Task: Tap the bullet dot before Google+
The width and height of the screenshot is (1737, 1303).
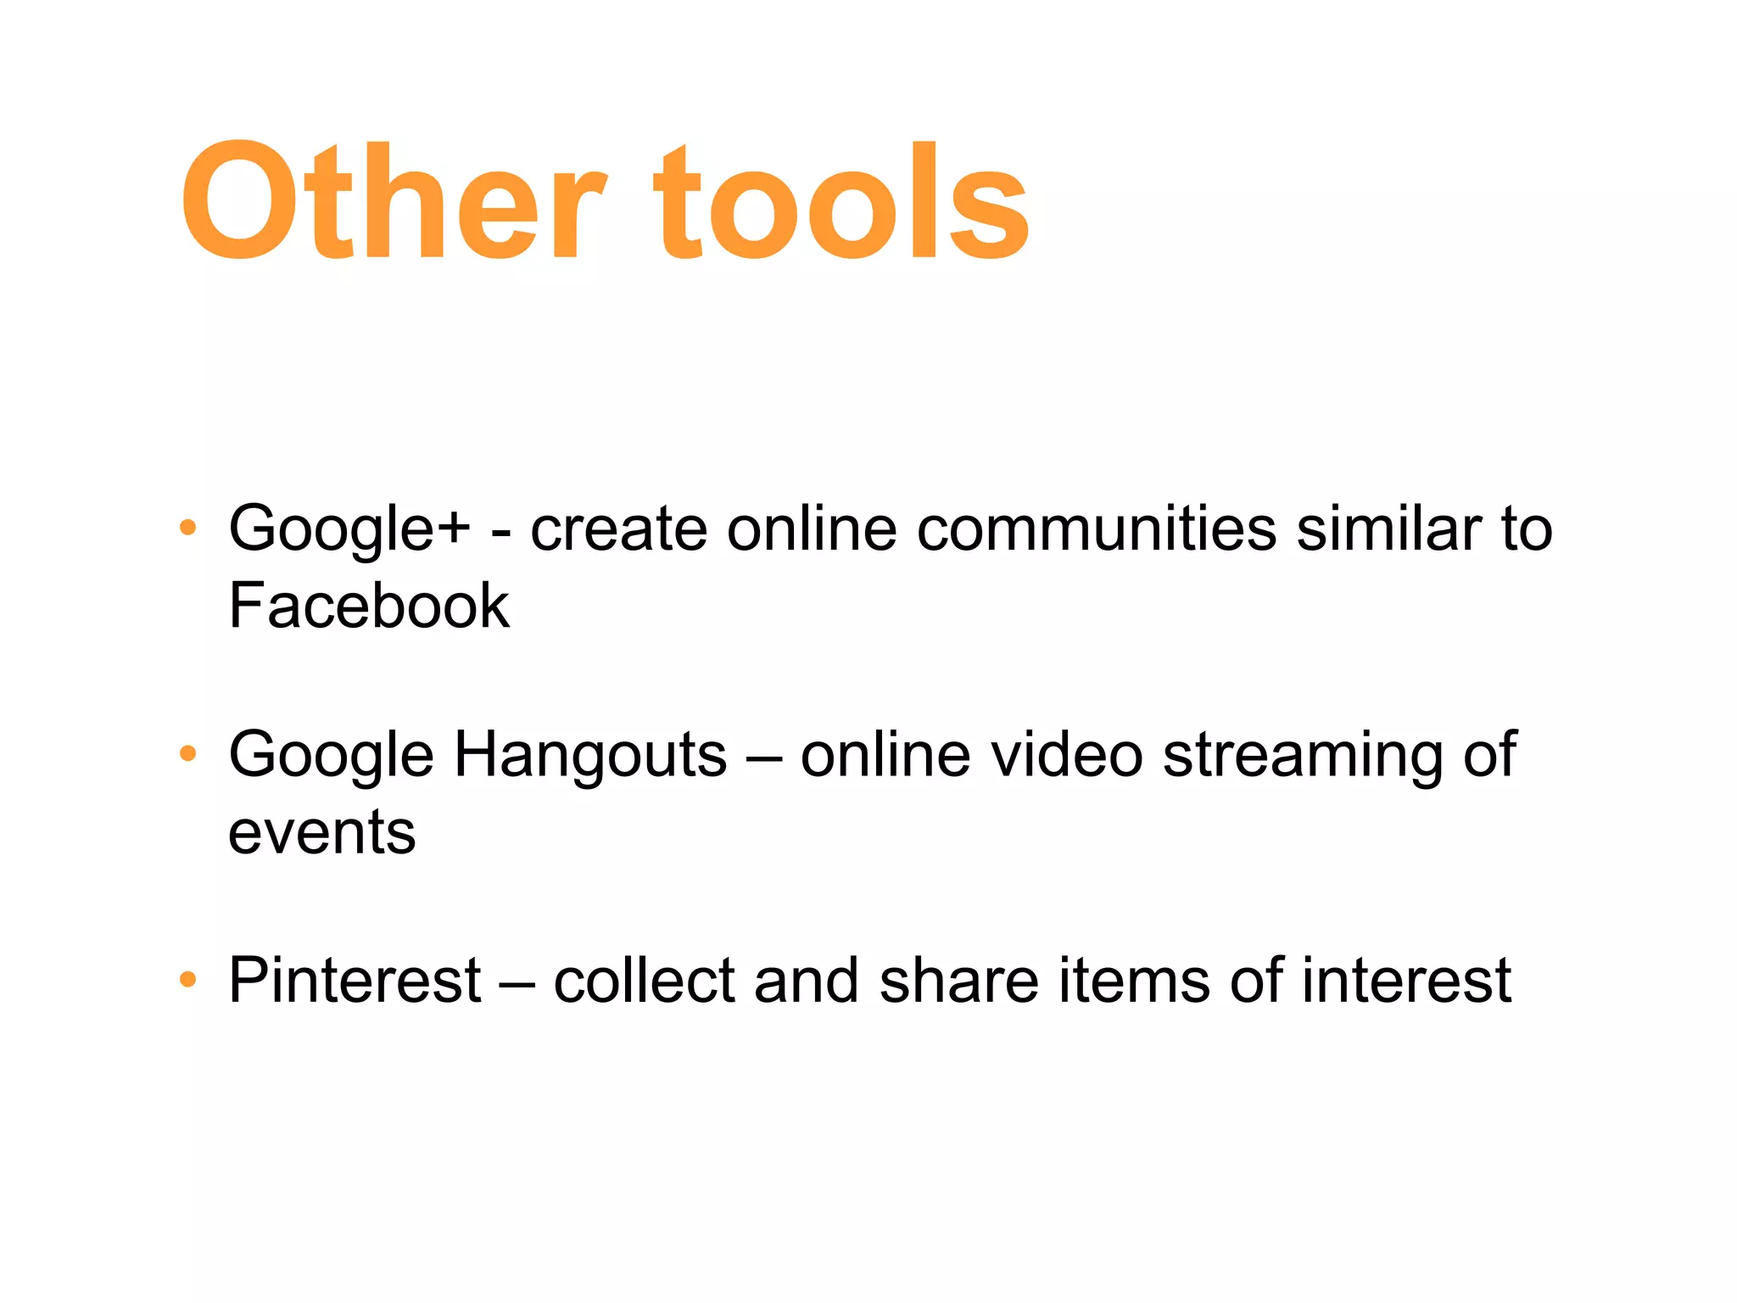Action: point(188,528)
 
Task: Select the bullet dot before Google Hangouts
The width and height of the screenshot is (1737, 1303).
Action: point(188,753)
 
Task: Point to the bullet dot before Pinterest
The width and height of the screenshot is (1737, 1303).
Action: point(188,980)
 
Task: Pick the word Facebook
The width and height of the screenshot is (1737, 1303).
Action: point(369,606)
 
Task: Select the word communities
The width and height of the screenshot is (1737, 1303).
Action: point(1097,528)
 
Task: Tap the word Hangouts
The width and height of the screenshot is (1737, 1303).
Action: point(590,753)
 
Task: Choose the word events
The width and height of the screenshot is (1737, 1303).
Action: point(322,832)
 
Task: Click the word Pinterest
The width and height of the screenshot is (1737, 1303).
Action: point(355,980)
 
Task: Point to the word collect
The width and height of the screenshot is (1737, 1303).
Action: point(644,980)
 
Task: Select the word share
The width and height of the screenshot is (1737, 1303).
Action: point(959,980)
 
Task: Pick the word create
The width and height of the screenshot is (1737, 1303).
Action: point(618,528)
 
